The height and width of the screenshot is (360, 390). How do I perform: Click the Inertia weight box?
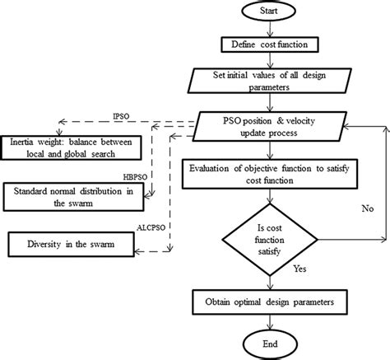click(x=72, y=148)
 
